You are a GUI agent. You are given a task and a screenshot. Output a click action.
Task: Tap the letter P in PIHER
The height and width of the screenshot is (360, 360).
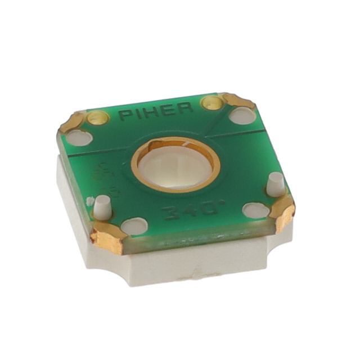click(x=125, y=116)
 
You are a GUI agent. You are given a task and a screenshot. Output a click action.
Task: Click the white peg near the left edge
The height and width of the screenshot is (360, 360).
click(x=101, y=207)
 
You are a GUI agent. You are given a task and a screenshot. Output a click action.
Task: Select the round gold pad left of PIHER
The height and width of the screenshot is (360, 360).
click(x=97, y=118)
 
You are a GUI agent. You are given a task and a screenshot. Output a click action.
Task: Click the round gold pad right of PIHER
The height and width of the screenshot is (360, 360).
click(x=213, y=102)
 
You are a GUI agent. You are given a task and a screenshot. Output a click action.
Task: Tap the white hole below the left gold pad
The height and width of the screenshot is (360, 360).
click(x=79, y=137)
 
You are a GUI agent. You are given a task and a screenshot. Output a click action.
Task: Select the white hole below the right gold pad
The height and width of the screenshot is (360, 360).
click(x=243, y=116)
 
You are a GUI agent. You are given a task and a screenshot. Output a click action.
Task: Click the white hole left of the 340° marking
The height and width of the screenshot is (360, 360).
click(x=134, y=226)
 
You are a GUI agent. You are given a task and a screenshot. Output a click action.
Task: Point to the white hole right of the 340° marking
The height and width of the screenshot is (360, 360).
click(x=256, y=210)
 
